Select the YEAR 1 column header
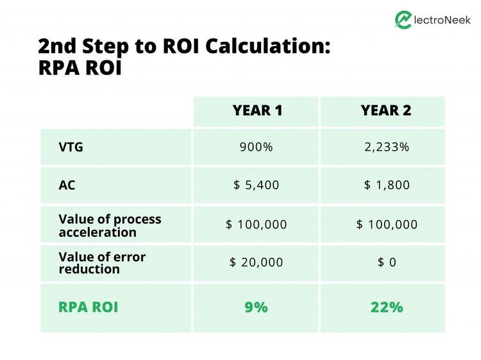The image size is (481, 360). tap(256, 110)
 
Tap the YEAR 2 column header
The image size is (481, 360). tap(385, 110)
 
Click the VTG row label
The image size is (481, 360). tap(71, 147)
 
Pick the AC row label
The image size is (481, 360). tap(67, 185)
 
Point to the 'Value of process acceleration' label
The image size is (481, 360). tap(110, 225)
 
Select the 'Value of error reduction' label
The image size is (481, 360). tap(102, 262)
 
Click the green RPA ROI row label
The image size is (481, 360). tap(88, 307)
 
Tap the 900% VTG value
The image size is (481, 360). tap(256, 147)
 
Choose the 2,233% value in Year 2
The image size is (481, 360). tap(386, 147)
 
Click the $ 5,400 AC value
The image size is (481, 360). tap(256, 185)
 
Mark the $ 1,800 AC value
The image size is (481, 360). tap(386, 185)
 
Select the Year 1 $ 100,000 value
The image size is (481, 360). tap(256, 224)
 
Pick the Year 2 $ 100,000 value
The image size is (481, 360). tap(386, 224)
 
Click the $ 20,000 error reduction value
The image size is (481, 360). tap(256, 262)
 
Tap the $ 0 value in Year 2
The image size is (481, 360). tap(386, 262)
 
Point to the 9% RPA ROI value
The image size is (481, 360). tap(256, 307)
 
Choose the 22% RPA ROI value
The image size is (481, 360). tap(386, 307)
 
